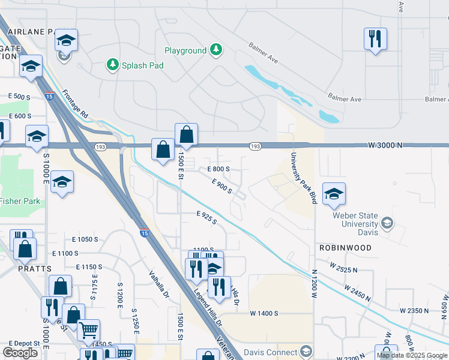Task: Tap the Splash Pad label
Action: (142, 65)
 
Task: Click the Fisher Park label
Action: (20, 201)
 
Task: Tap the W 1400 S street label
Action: (264, 313)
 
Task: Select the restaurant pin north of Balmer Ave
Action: (375, 39)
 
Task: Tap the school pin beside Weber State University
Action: (334, 193)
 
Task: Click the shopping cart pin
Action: (88, 329)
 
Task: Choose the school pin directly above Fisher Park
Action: (62, 181)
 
